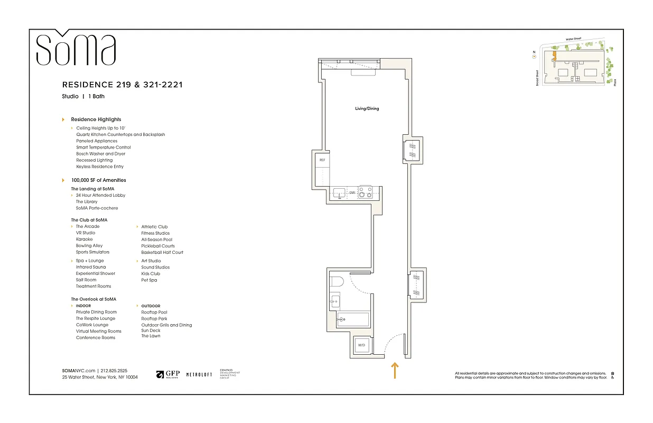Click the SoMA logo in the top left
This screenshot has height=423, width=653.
tap(76, 49)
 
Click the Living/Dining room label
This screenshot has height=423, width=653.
tap(367, 108)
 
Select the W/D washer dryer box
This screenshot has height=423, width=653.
tap(362, 345)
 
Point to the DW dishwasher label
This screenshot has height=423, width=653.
tap(352, 192)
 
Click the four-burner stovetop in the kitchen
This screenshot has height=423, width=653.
tap(366, 192)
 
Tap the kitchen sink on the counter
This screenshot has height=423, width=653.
tap(338, 192)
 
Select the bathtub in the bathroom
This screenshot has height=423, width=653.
tap(353, 319)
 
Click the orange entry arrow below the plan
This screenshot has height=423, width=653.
tap(394, 371)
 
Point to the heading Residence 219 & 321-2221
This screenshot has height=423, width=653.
tap(122, 85)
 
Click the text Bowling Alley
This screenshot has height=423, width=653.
tap(89, 246)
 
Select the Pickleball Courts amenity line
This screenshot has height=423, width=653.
tap(158, 246)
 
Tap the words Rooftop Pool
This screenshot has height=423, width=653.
tap(154, 312)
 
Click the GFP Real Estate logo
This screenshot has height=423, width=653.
tap(167, 374)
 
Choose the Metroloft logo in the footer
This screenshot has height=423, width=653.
tap(199, 374)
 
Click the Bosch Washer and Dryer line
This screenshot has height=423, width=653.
tap(101, 154)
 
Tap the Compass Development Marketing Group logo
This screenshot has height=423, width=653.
tap(230, 374)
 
